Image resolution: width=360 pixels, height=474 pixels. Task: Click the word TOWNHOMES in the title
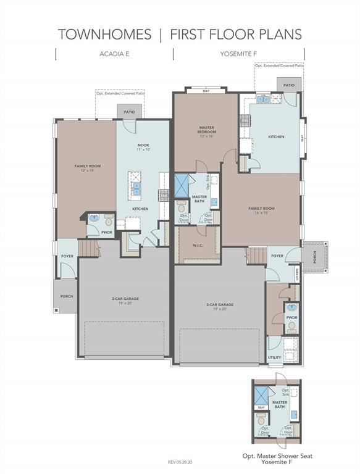coord(104,34)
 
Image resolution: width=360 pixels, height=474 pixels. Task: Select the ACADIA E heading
coord(114,54)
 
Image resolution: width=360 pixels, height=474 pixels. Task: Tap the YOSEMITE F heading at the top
coord(238,54)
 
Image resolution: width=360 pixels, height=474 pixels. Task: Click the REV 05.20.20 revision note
coord(180,462)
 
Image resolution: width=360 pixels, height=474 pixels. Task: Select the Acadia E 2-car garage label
coord(125,299)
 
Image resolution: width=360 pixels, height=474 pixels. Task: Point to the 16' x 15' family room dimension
coord(261,214)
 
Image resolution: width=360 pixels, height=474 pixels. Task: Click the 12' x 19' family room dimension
coord(87,170)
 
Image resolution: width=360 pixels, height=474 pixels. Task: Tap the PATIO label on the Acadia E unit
coord(129,112)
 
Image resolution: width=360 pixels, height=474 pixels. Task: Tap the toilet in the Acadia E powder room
coord(108,220)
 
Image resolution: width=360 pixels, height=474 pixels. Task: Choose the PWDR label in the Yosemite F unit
coord(291,317)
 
